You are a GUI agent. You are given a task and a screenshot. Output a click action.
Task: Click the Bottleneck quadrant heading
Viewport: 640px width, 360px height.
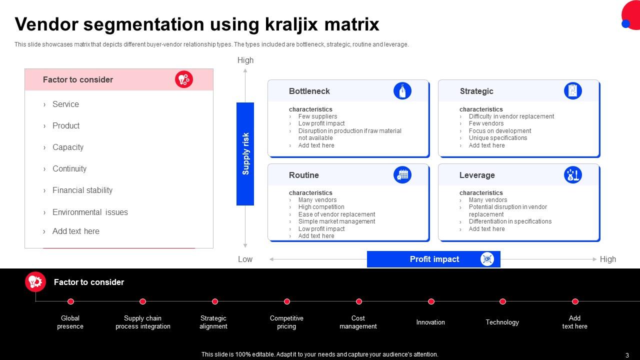point(309,91)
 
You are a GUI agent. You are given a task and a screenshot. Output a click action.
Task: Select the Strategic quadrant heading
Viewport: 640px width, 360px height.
point(476,91)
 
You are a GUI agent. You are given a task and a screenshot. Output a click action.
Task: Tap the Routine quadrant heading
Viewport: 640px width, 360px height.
point(303,175)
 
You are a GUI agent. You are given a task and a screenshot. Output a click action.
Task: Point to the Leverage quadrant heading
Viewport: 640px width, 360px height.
point(477,175)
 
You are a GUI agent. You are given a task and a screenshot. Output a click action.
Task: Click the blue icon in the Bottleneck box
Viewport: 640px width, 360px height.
point(402,91)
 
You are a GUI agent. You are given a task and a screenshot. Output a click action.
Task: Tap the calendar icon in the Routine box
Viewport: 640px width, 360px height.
point(402,175)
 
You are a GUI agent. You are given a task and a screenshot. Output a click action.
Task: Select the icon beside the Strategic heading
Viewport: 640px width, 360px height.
point(573,91)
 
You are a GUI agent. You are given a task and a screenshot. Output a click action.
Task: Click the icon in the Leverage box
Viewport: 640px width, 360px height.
point(573,175)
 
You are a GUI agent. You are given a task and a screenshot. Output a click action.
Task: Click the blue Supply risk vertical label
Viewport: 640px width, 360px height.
point(245,153)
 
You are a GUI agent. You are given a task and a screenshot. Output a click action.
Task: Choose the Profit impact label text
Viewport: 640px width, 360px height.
point(434,259)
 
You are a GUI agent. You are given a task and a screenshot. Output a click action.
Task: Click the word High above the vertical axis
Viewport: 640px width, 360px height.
point(245,60)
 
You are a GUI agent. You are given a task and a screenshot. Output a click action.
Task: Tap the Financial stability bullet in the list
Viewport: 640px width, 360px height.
point(82,190)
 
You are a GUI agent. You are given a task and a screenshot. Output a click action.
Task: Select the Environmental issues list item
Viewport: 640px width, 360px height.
point(90,212)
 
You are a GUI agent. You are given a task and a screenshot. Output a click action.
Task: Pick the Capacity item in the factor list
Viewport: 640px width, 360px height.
point(68,147)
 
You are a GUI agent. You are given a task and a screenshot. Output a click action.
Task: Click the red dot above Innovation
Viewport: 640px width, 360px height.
point(431,301)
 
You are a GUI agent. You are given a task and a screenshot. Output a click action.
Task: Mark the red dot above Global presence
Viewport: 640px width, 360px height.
point(71,301)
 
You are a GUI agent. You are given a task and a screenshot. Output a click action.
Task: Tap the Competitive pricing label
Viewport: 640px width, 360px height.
point(286,322)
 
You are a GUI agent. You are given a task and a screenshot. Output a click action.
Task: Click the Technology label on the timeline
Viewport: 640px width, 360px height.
point(502,322)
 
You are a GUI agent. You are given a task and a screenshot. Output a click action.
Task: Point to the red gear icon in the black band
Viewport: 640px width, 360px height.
point(35,282)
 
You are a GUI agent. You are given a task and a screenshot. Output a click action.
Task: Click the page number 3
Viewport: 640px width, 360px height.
point(627,355)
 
